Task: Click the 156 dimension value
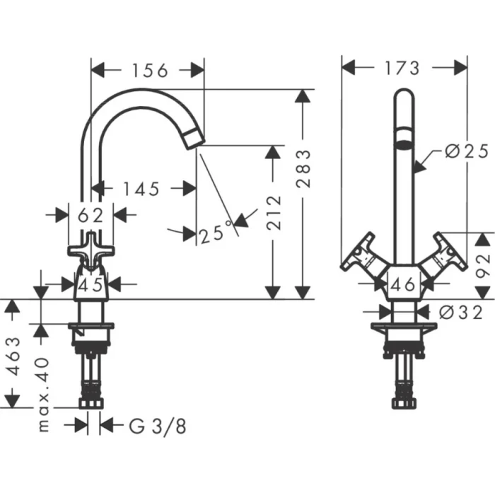[x=148, y=70]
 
